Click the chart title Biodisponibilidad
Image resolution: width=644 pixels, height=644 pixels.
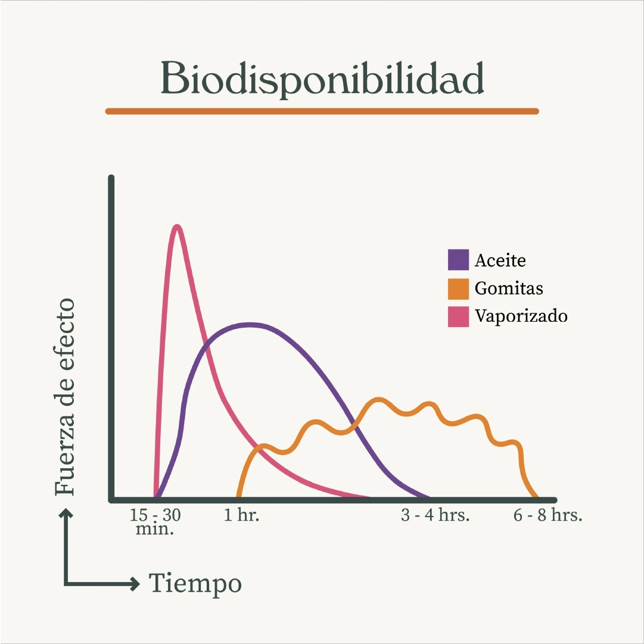(322, 79)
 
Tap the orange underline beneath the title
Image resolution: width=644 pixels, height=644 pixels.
(322, 111)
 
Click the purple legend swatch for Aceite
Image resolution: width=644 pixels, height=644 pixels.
(458, 260)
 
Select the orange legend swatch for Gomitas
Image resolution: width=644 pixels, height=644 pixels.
(458, 288)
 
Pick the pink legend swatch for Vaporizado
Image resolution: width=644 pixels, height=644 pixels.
(458, 316)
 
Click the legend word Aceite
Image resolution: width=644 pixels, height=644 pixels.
(500, 260)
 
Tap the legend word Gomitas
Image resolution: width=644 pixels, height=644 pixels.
(509, 288)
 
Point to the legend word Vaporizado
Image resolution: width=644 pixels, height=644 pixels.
(521, 316)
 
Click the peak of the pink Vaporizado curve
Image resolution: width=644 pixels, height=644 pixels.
(177, 226)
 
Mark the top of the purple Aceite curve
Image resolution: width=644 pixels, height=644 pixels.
(250, 324)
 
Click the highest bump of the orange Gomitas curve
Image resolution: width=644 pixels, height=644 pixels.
(378, 399)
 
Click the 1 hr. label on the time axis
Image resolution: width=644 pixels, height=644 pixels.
(242, 515)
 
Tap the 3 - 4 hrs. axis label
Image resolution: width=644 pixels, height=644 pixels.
(435, 515)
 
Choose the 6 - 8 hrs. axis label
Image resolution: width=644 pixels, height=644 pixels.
(547, 515)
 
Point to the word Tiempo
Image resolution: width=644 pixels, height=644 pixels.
(195, 583)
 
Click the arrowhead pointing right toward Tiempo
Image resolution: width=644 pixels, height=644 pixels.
(135, 583)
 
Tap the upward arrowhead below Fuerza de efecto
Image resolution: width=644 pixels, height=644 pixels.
(66, 512)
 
